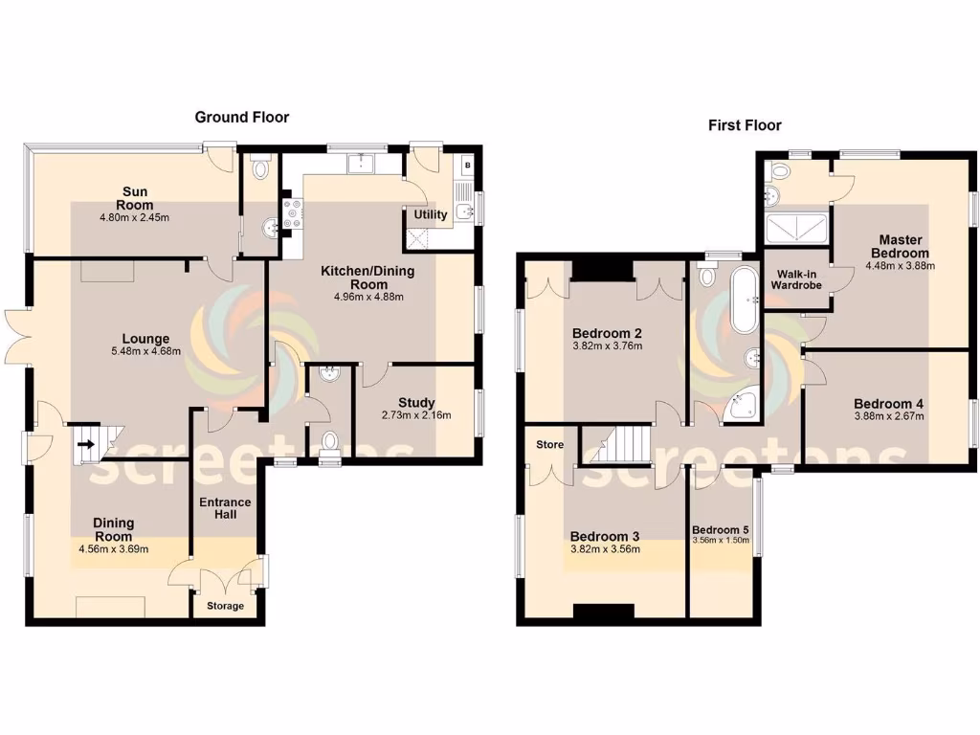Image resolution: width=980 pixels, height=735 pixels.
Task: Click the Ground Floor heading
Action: coord(241,117)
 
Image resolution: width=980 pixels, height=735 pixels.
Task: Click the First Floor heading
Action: coord(745,124)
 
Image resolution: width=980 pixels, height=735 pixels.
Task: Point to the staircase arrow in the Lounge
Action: coord(86,444)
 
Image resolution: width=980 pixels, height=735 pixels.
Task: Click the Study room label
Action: coord(416,402)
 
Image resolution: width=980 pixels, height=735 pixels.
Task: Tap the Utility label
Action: coord(430,214)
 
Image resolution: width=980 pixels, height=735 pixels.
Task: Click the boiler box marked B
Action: coord(467,165)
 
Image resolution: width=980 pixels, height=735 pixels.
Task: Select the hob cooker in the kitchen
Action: coord(291,215)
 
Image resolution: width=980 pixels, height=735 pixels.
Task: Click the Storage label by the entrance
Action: coord(226,606)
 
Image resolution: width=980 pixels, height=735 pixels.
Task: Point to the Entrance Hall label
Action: coord(225,508)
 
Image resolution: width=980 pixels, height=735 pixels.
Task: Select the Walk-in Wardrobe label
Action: coord(796,278)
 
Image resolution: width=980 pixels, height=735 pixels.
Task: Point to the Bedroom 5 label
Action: coord(721,530)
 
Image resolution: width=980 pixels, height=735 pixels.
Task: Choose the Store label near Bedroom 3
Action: coord(549,445)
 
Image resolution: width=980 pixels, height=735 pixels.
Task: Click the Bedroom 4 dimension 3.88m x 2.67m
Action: coord(889,416)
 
